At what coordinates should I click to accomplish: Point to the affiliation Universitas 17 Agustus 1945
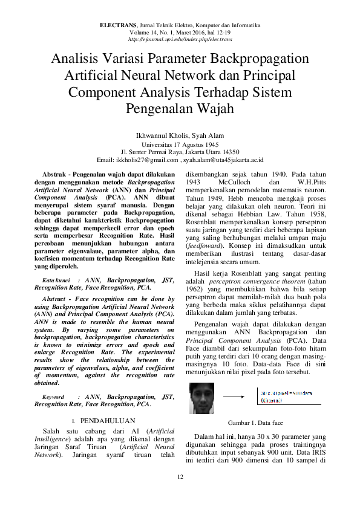(x=180, y=145)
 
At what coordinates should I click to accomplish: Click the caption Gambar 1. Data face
(x=255, y=423)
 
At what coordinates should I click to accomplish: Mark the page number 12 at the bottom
(x=180, y=478)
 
